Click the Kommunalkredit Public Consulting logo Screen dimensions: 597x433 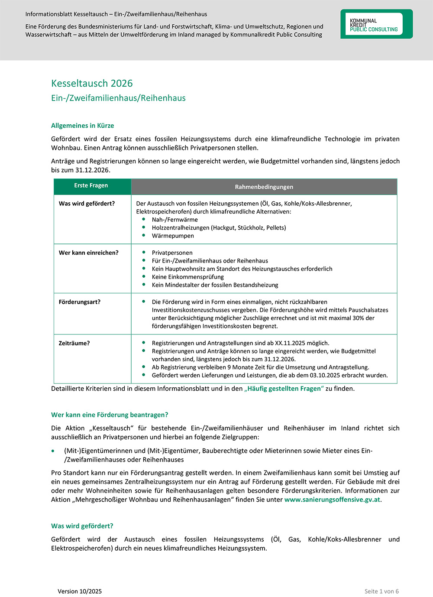(x=376, y=24)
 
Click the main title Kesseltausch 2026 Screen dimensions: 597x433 (x=92, y=83)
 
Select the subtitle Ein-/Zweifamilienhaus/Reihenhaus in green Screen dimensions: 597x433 (x=118, y=98)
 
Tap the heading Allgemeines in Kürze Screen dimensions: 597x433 (x=82, y=126)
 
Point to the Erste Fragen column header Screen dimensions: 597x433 (x=91, y=185)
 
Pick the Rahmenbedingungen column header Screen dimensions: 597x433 (x=264, y=187)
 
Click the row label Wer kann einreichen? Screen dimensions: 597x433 (x=88, y=253)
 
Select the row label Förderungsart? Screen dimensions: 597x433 (x=79, y=302)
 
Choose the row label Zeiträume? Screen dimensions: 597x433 (x=74, y=343)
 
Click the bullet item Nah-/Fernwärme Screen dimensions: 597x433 (x=174, y=220)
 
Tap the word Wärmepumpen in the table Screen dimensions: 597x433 (x=173, y=236)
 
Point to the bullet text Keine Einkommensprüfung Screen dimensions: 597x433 (x=187, y=277)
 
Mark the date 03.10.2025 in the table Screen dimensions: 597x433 (x=325, y=375)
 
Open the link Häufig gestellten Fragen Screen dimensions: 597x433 (x=284, y=389)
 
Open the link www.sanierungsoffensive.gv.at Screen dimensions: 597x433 (x=332, y=500)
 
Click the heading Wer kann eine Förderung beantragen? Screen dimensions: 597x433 (x=110, y=415)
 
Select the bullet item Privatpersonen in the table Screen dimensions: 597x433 (x=172, y=253)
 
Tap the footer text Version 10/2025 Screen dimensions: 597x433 (x=80, y=591)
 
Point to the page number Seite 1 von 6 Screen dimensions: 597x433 (x=381, y=591)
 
